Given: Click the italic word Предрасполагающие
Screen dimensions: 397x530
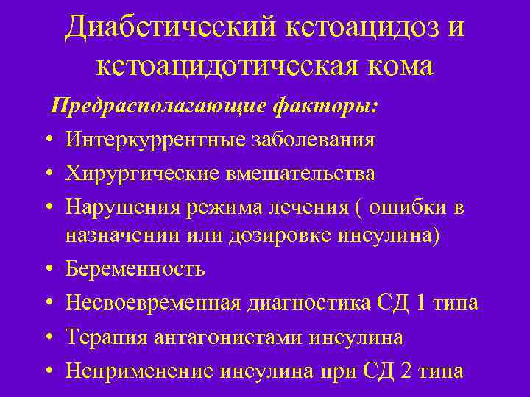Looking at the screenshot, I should (158, 107).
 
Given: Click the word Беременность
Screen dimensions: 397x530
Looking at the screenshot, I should (135, 269).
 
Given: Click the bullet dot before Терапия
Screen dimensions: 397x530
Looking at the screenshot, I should (46, 338).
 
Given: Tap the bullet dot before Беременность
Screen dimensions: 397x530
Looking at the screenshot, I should (46, 270).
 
